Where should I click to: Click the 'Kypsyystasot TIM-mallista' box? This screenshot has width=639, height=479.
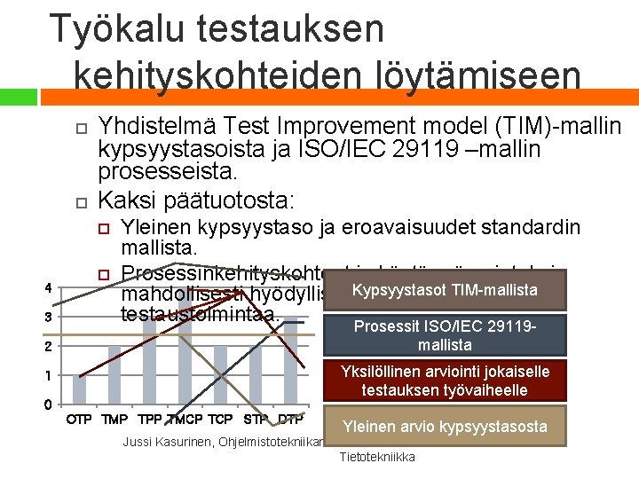pyautogui.click(x=444, y=290)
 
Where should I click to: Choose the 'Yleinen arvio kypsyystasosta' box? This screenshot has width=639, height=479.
pyautogui.click(x=445, y=427)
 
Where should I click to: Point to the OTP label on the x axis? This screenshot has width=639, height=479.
pyautogui.click(x=79, y=419)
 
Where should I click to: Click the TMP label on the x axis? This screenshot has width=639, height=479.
pyautogui.click(x=114, y=419)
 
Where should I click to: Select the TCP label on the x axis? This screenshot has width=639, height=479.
pyautogui.click(x=220, y=419)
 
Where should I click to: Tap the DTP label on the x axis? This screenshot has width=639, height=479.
pyautogui.click(x=290, y=419)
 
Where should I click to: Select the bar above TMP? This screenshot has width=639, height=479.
pyautogui.click(x=114, y=374)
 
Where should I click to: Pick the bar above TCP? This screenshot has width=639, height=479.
pyautogui.click(x=220, y=374)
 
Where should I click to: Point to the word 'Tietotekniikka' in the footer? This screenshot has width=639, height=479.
pyautogui.click(x=377, y=457)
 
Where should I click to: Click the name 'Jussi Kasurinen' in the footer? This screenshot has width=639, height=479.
pyautogui.click(x=165, y=442)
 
